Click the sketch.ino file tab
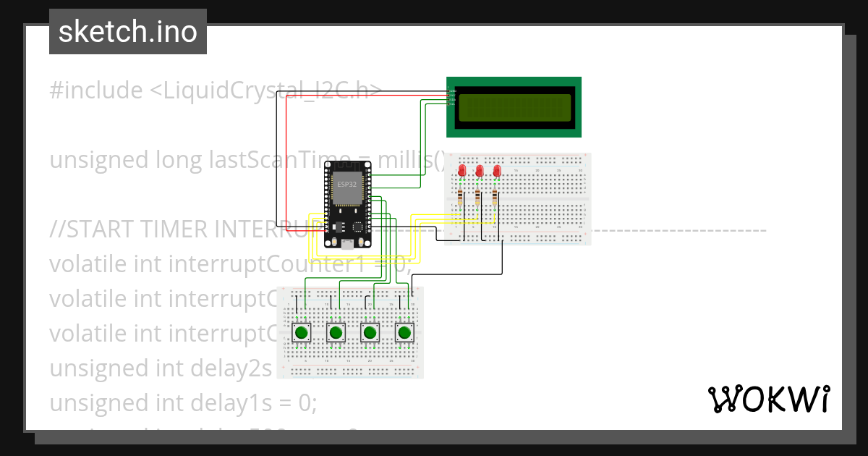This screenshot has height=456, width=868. pos(127,32)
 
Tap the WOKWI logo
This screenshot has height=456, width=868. pos(768,399)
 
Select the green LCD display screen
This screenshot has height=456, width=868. pos(514,107)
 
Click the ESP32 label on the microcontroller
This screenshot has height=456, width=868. pos(346,185)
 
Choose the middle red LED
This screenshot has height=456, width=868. pos(479,171)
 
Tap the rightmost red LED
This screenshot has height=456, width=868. pos(496,171)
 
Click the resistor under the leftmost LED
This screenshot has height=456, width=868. pos(461,196)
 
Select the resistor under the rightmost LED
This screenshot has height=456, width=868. pos(495,196)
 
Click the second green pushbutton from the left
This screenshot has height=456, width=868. pos(335,333)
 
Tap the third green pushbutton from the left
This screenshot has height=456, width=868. pos(370,333)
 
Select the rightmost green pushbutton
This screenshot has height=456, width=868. pos(404,333)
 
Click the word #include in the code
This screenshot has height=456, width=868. pos(96,90)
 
